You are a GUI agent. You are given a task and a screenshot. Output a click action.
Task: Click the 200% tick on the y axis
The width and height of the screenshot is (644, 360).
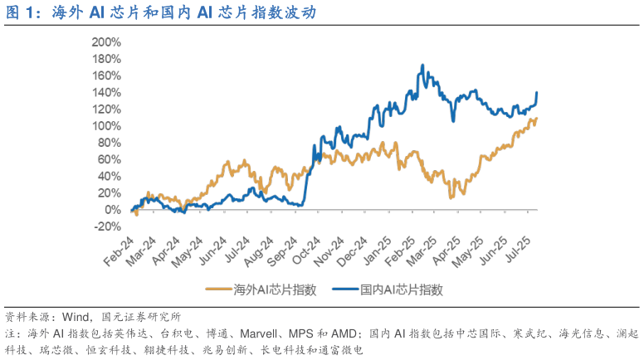[109, 41]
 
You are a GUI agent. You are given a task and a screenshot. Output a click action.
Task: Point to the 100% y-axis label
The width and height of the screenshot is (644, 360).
[109, 125]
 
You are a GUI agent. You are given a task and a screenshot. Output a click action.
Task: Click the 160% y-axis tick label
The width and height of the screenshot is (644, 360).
[109, 75]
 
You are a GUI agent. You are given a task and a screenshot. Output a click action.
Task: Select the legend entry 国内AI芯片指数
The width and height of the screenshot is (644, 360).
[402, 289]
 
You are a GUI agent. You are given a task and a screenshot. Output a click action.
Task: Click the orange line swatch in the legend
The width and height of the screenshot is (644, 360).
[218, 289]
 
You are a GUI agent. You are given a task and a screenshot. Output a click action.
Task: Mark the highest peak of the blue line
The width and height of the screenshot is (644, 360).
[422, 66]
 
